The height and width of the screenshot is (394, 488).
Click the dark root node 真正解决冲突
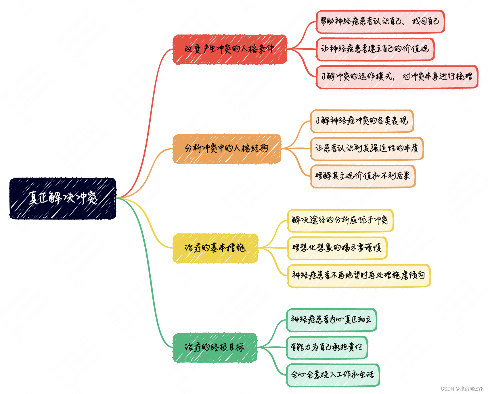[63, 198]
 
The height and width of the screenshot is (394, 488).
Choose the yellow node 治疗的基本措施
[215, 248]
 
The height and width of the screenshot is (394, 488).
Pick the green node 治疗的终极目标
[215, 347]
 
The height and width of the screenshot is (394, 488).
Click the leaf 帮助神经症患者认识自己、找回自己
[380, 22]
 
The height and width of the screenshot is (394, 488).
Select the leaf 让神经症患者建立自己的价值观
[375, 49]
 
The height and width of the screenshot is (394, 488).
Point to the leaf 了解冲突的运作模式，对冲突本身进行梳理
[397, 77]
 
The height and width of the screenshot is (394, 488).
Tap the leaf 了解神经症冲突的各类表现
[362, 121]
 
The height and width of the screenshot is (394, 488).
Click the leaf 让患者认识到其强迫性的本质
[367, 149]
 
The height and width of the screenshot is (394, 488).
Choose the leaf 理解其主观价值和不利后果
[363, 176]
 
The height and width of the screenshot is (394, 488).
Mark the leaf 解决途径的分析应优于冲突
[340, 220]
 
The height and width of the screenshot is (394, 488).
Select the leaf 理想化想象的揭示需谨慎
[337, 248]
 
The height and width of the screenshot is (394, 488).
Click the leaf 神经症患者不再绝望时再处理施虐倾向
[359, 276]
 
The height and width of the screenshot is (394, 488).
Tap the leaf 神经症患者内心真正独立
[331, 320]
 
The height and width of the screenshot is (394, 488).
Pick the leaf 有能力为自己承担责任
[327, 347]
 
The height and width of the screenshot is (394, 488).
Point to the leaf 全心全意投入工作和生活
[333, 375]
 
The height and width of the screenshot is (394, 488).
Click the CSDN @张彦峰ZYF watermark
[462, 389]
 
